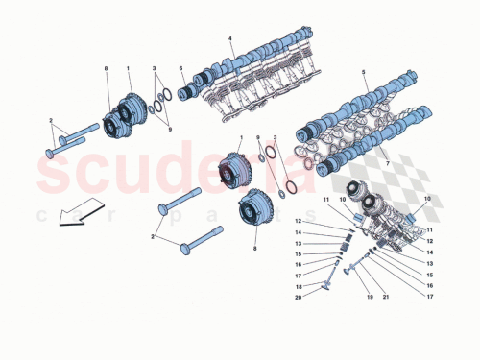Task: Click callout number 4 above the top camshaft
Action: [231, 39]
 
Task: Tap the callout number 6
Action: [180, 68]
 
